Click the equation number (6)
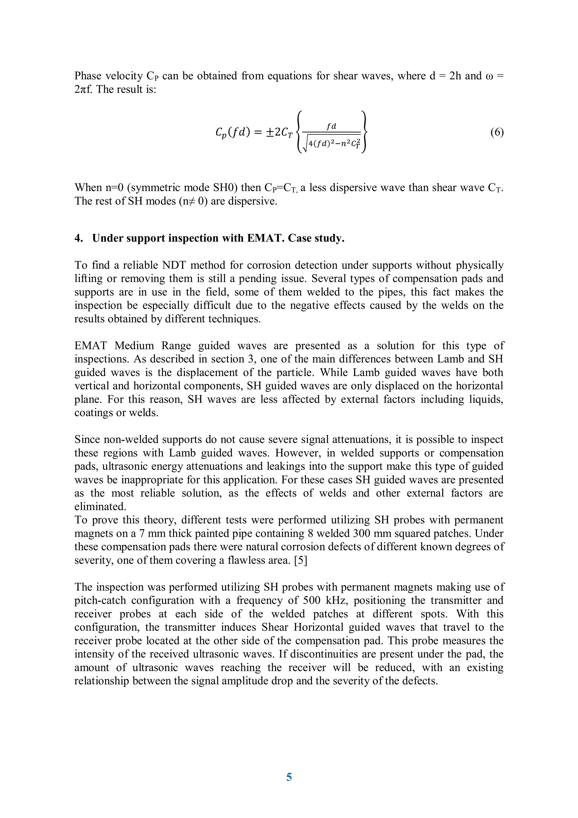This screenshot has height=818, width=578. tap(497, 133)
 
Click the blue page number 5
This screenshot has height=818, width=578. tap(289, 777)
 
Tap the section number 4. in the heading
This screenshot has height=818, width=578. tap(78, 238)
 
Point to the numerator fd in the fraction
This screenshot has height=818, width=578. tap(332, 126)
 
